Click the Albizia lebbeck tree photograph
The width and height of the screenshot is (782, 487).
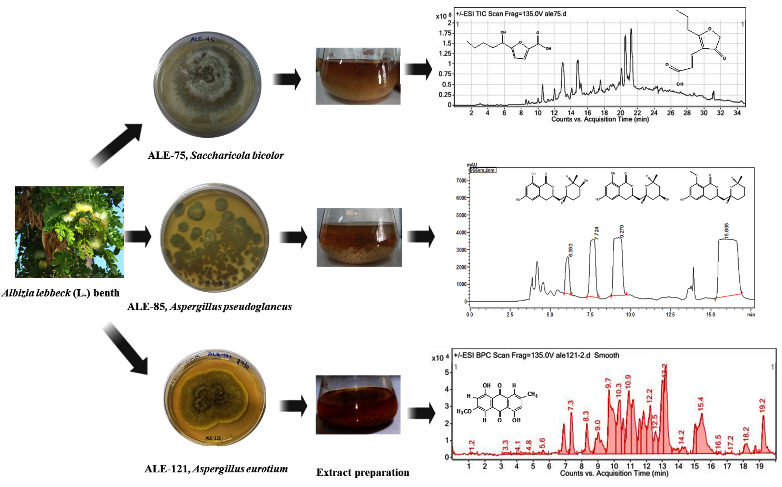pos(69,232)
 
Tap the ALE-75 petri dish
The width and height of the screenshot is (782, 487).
pos(207,85)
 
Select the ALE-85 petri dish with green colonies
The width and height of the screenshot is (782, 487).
pos(215,237)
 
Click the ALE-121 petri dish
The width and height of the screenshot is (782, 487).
pos(215,398)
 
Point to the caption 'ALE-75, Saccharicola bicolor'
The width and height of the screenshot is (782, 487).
pos(215,155)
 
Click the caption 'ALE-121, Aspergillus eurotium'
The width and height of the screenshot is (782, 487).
pos(216,469)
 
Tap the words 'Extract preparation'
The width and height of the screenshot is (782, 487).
pos(362,472)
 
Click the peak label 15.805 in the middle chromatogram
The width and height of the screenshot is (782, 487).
pos(726,231)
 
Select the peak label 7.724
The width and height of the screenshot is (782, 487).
pos(596,233)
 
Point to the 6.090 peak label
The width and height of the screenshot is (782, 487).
pos(570,250)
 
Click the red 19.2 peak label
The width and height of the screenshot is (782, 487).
pos(762,405)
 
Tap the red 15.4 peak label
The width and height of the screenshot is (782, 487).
pos(700,403)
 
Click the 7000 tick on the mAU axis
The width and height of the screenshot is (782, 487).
pos(461,180)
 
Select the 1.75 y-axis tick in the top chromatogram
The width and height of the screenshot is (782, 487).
pos(445,33)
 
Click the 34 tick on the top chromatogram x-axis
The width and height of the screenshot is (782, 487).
pos(737,113)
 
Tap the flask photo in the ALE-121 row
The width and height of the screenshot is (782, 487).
pos(358,405)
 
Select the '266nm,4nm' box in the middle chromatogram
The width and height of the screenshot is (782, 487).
pos(483,170)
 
